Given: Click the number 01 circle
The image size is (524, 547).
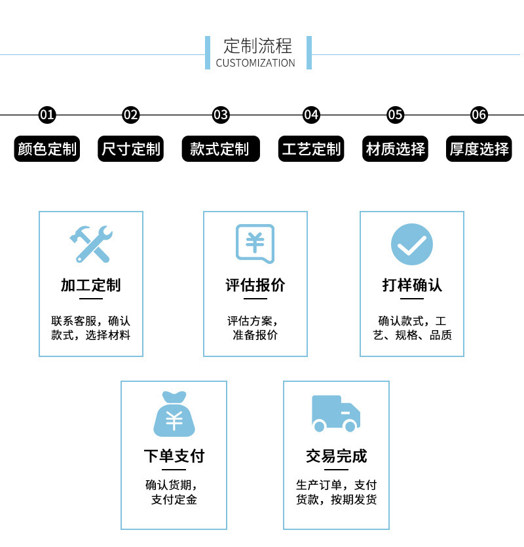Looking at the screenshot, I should [47, 115].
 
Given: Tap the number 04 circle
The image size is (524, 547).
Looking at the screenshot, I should [311, 115].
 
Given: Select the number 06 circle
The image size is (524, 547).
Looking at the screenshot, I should [479, 115].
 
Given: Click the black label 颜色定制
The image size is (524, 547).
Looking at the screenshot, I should [47, 149].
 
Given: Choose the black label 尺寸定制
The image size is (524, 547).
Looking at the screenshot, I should [131, 149].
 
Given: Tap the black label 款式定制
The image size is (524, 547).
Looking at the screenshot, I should [220, 149].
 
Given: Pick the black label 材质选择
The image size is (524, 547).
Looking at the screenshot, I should [396, 149].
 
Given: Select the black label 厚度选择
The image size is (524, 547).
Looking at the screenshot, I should [479, 149].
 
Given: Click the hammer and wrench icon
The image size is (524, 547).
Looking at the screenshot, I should [91, 244].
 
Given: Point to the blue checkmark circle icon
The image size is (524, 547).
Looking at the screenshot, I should [412, 244].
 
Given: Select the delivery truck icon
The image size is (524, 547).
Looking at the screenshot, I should [336, 413].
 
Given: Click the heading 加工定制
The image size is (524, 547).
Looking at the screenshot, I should [91, 285].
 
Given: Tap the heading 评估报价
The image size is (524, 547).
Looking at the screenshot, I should [255, 285].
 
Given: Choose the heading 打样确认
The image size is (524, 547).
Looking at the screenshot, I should [412, 285].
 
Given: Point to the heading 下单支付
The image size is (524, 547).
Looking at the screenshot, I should [174, 456].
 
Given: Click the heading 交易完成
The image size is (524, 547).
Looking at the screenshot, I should [337, 456].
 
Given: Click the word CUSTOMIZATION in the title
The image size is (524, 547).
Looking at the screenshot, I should [255, 64].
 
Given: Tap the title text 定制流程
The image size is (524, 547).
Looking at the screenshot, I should [257, 46].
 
